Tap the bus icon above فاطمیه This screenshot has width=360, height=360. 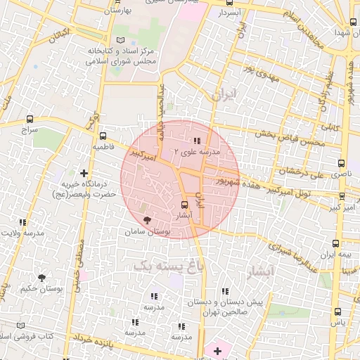103,136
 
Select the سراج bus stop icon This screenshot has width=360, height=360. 30,119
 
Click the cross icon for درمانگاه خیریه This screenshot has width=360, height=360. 84,172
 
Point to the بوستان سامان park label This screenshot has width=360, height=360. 147,231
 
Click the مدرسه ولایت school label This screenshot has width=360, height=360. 21,233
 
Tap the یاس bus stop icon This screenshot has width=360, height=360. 338,323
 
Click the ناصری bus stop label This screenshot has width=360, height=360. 335,172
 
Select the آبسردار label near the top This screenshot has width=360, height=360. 229,13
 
